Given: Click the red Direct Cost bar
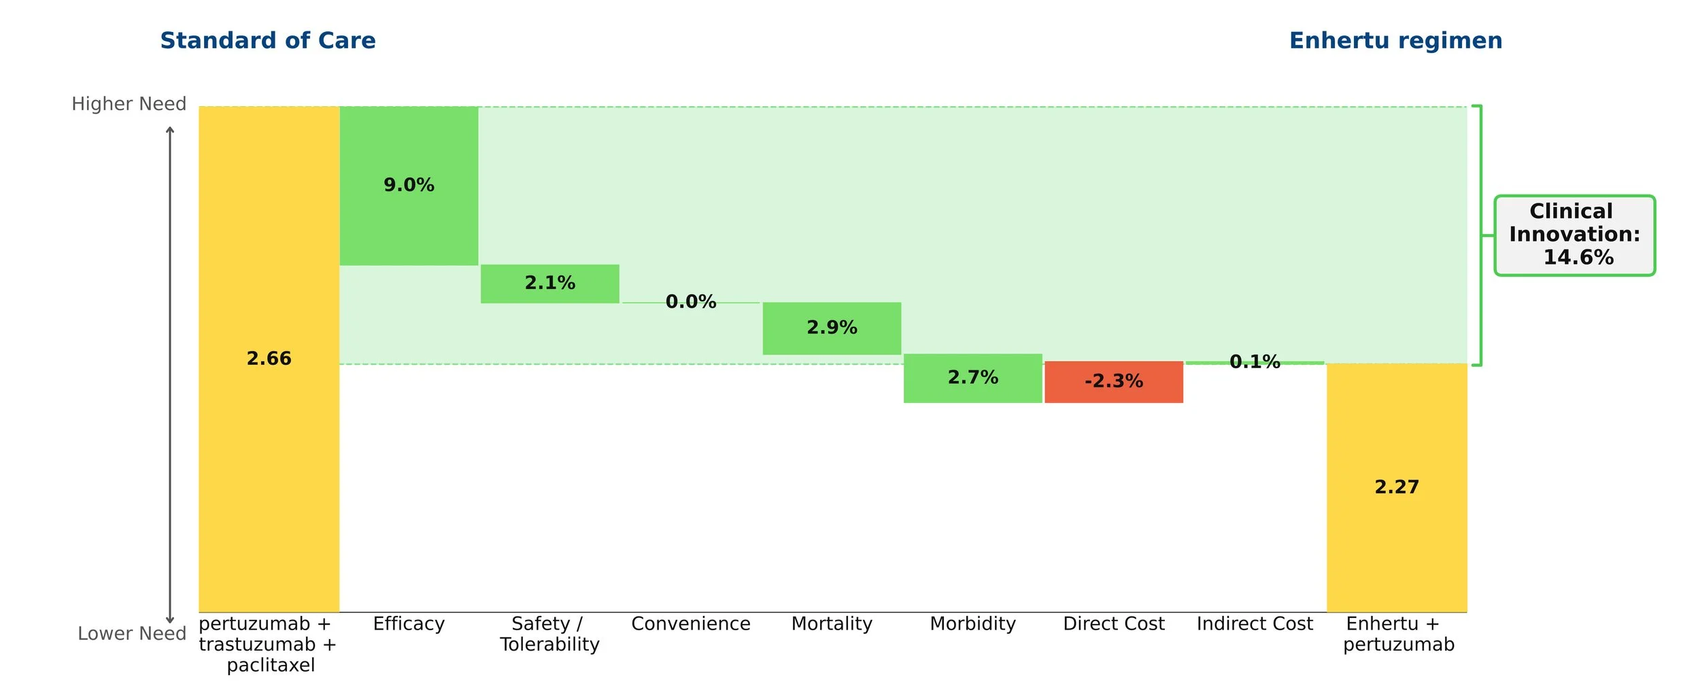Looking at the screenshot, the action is (x=1114, y=382).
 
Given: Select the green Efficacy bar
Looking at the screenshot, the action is (x=409, y=186).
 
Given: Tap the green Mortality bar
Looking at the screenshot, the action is (x=832, y=328).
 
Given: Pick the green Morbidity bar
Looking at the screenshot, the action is (x=972, y=378).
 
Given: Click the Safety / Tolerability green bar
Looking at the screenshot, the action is (x=550, y=284).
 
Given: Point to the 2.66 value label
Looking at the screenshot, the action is (x=269, y=359).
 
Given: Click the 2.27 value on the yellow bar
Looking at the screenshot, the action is (x=1397, y=487).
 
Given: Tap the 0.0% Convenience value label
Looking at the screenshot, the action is (x=691, y=301).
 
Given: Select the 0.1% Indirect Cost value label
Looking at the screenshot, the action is (x=1255, y=361).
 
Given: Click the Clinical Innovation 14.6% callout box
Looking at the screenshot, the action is (x=1575, y=235).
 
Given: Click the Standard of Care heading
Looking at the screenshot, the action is (x=268, y=41).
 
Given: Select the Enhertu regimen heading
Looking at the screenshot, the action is (x=1396, y=41).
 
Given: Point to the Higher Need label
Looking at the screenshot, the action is (x=129, y=104).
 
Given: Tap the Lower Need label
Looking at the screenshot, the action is (x=132, y=634).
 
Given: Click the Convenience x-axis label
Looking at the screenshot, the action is (x=691, y=624).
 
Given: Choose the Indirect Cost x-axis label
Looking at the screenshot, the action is (x=1255, y=624).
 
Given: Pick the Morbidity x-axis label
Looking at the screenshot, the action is (x=972, y=624).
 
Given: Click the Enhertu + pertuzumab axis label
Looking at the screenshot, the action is (x=1398, y=634).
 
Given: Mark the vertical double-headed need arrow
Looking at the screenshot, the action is (x=170, y=375).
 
